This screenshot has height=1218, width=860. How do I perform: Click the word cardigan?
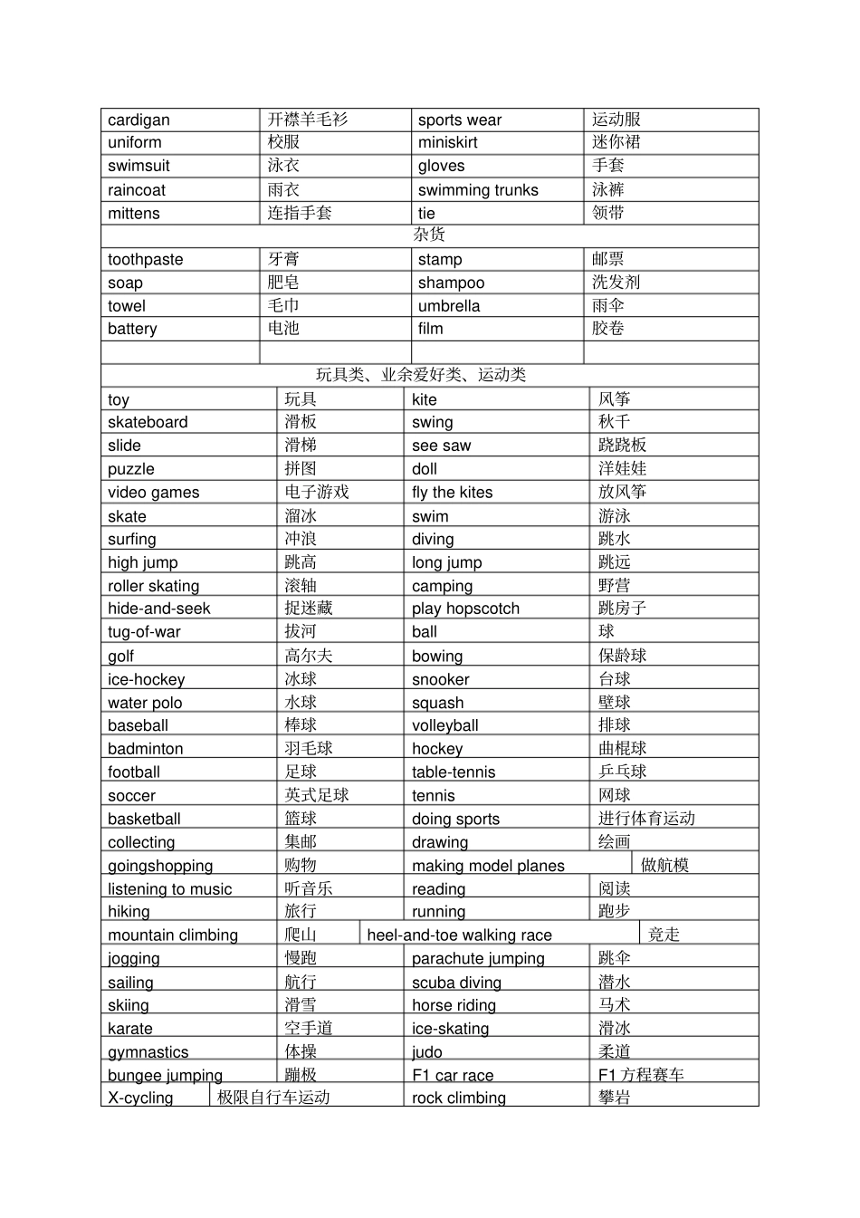(139, 120)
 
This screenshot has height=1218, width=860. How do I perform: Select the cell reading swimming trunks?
(478, 190)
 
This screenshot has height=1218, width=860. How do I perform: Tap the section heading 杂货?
(429, 235)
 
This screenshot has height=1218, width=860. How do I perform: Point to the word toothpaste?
(145, 260)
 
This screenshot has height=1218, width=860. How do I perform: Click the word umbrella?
(449, 306)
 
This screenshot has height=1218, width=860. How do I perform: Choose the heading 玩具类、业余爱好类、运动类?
(421, 375)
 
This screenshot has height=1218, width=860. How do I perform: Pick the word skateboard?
(148, 423)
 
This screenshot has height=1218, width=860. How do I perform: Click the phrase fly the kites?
(453, 493)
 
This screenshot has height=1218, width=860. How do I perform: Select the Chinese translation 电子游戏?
(317, 493)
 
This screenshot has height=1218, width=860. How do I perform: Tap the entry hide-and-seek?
(158, 609)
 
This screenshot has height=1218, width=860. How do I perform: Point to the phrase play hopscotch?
(465, 609)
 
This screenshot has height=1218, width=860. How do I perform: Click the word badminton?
(145, 749)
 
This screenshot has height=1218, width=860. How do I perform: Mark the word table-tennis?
(454, 772)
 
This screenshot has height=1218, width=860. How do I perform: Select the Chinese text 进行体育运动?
(646, 819)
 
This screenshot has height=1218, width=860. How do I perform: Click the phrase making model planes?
(488, 866)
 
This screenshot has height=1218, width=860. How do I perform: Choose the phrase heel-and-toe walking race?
(459, 935)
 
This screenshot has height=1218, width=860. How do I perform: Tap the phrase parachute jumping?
(478, 959)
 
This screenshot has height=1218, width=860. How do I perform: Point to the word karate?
(130, 1029)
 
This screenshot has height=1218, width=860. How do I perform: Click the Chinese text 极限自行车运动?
(273, 1098)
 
